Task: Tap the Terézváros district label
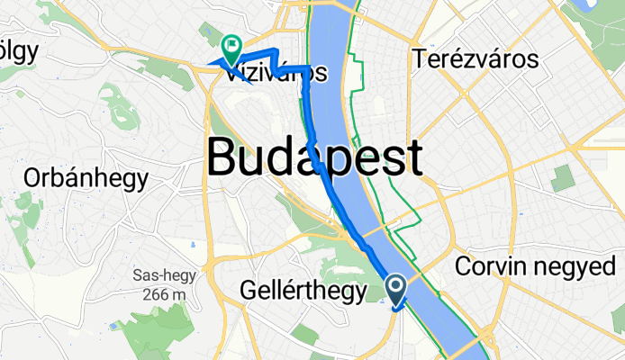coord(476,60)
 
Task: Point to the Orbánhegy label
coord(86,178)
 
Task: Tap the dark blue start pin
coord(396,288)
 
